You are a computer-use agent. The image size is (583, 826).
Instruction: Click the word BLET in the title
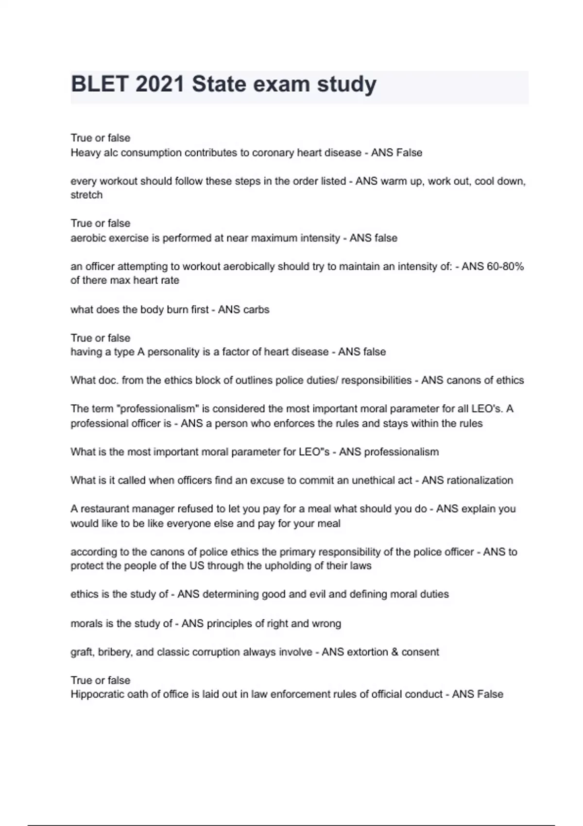click(100, 85)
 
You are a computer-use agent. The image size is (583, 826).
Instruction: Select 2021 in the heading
click(160, 85)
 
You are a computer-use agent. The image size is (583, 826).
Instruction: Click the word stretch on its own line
click(86, 195)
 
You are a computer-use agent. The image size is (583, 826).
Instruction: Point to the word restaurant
click(104, 509)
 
